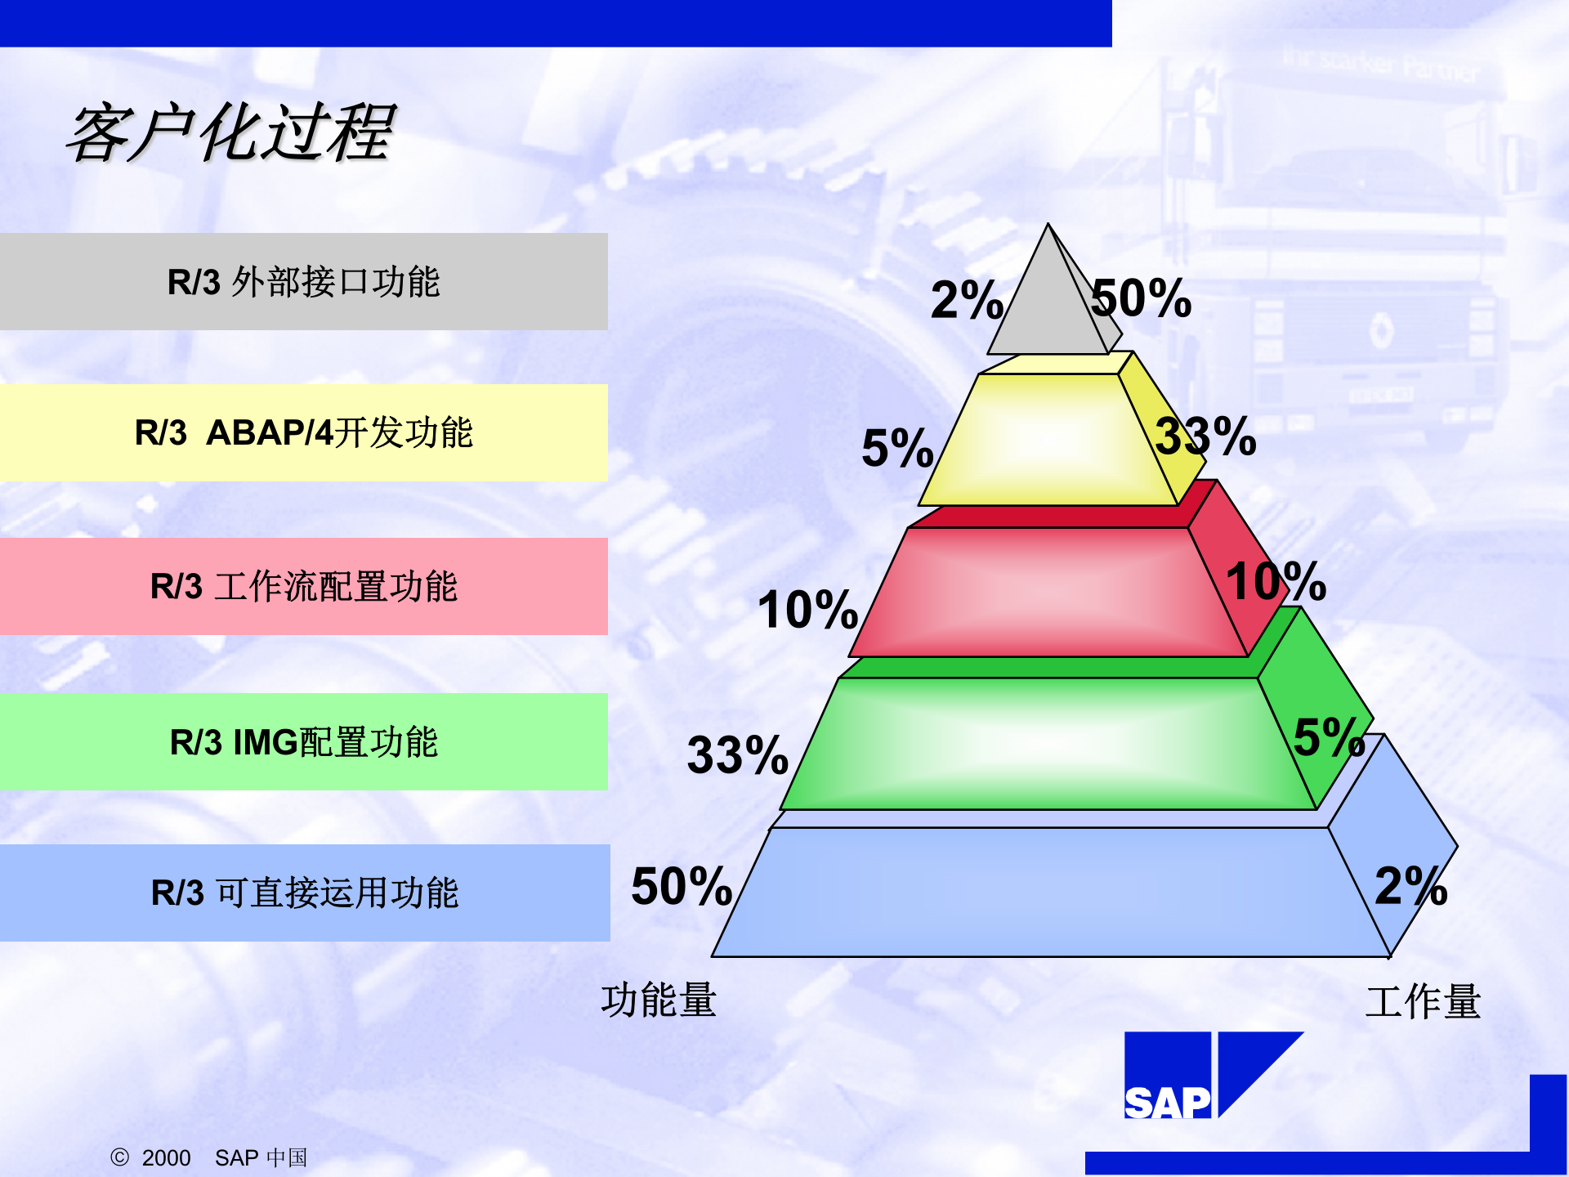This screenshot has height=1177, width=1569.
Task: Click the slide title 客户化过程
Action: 231,133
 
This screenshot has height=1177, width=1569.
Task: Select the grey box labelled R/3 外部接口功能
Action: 303,282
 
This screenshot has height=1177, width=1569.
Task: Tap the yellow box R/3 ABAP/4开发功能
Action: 303,432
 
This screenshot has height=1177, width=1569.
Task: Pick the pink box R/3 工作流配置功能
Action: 303,586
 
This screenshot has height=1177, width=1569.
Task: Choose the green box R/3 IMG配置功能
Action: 303,742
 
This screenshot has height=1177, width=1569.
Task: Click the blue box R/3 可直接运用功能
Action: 304,893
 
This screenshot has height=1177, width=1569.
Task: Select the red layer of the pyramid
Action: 1046,593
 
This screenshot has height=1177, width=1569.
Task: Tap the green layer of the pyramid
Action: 1046,744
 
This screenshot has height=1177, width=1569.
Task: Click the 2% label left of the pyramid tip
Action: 967,300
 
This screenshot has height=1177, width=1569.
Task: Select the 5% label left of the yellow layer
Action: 897,448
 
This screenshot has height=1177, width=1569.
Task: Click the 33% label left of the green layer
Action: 737,754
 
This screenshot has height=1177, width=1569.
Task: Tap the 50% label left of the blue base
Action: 682,887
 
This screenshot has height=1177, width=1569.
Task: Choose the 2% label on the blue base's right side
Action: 1410,886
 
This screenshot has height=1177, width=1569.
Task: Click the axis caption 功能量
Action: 659,1000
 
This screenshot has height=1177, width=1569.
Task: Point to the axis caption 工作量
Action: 1423,1002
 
